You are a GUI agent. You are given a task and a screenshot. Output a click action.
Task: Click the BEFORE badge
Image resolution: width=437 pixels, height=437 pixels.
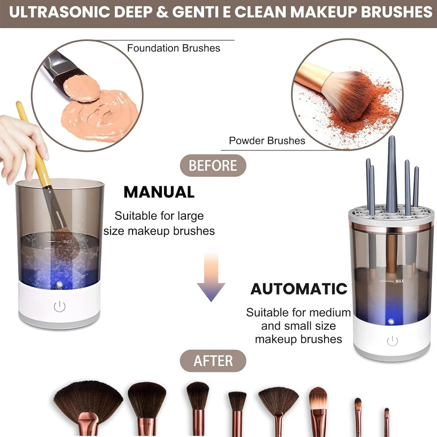point(213,166)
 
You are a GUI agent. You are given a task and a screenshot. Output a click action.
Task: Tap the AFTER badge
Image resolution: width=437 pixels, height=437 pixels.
point(213,361)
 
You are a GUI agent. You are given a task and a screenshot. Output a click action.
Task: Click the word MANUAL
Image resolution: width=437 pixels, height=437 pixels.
point(159,192)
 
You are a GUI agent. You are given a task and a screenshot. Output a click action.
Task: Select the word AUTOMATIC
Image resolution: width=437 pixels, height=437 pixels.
point(298,289)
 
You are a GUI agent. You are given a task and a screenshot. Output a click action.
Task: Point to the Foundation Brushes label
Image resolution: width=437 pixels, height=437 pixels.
point(173,48)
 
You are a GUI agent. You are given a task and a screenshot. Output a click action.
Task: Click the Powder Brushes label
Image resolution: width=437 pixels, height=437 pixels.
point(267,141)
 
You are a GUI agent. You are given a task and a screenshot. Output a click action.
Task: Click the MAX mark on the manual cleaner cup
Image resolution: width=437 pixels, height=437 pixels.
point(67,241)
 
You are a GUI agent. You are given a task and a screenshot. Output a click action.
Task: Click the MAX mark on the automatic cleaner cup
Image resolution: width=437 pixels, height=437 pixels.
point(399,281)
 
